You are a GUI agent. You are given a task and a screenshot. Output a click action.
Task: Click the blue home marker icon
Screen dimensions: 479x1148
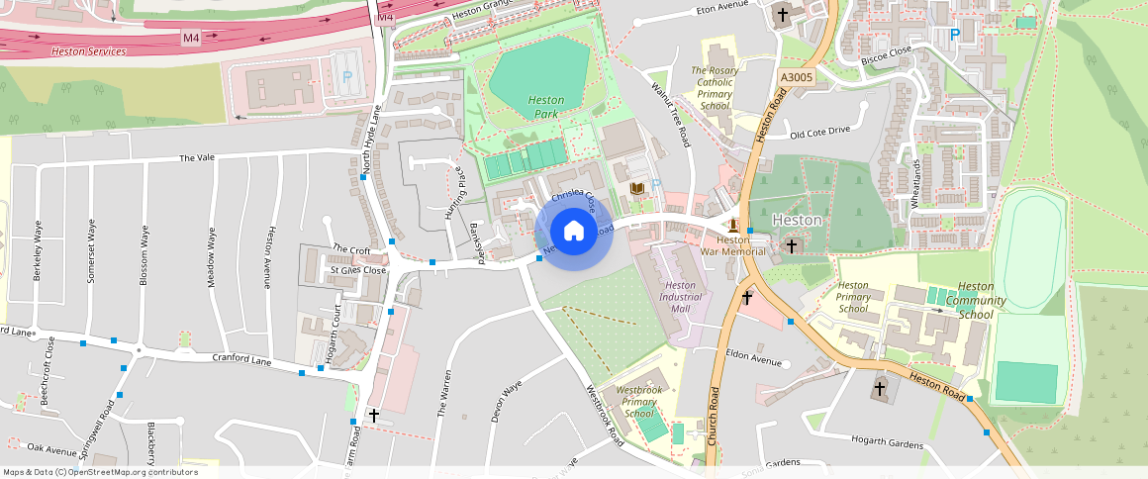[573, 232]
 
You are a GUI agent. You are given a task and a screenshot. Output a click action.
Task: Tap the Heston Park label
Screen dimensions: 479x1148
[545, 107]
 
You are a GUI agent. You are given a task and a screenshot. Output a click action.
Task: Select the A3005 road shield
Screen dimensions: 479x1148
[796, 76]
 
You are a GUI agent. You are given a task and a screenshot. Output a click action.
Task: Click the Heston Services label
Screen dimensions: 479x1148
[88, 50]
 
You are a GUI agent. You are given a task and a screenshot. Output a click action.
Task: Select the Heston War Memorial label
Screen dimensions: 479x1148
[733, 245]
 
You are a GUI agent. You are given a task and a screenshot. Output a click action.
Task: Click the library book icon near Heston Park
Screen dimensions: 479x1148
[637, 188]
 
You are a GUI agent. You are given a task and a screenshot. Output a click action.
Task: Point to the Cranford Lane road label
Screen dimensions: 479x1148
[241, 362]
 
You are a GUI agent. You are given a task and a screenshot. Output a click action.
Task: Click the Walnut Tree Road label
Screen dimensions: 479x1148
[669, 115]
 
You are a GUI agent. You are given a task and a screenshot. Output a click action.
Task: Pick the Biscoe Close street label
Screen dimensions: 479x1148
[886, 53]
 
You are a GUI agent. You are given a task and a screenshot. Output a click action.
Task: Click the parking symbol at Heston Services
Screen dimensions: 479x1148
[346, 75]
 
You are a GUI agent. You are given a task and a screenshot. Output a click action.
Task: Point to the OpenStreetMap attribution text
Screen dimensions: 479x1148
[100, 472]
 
